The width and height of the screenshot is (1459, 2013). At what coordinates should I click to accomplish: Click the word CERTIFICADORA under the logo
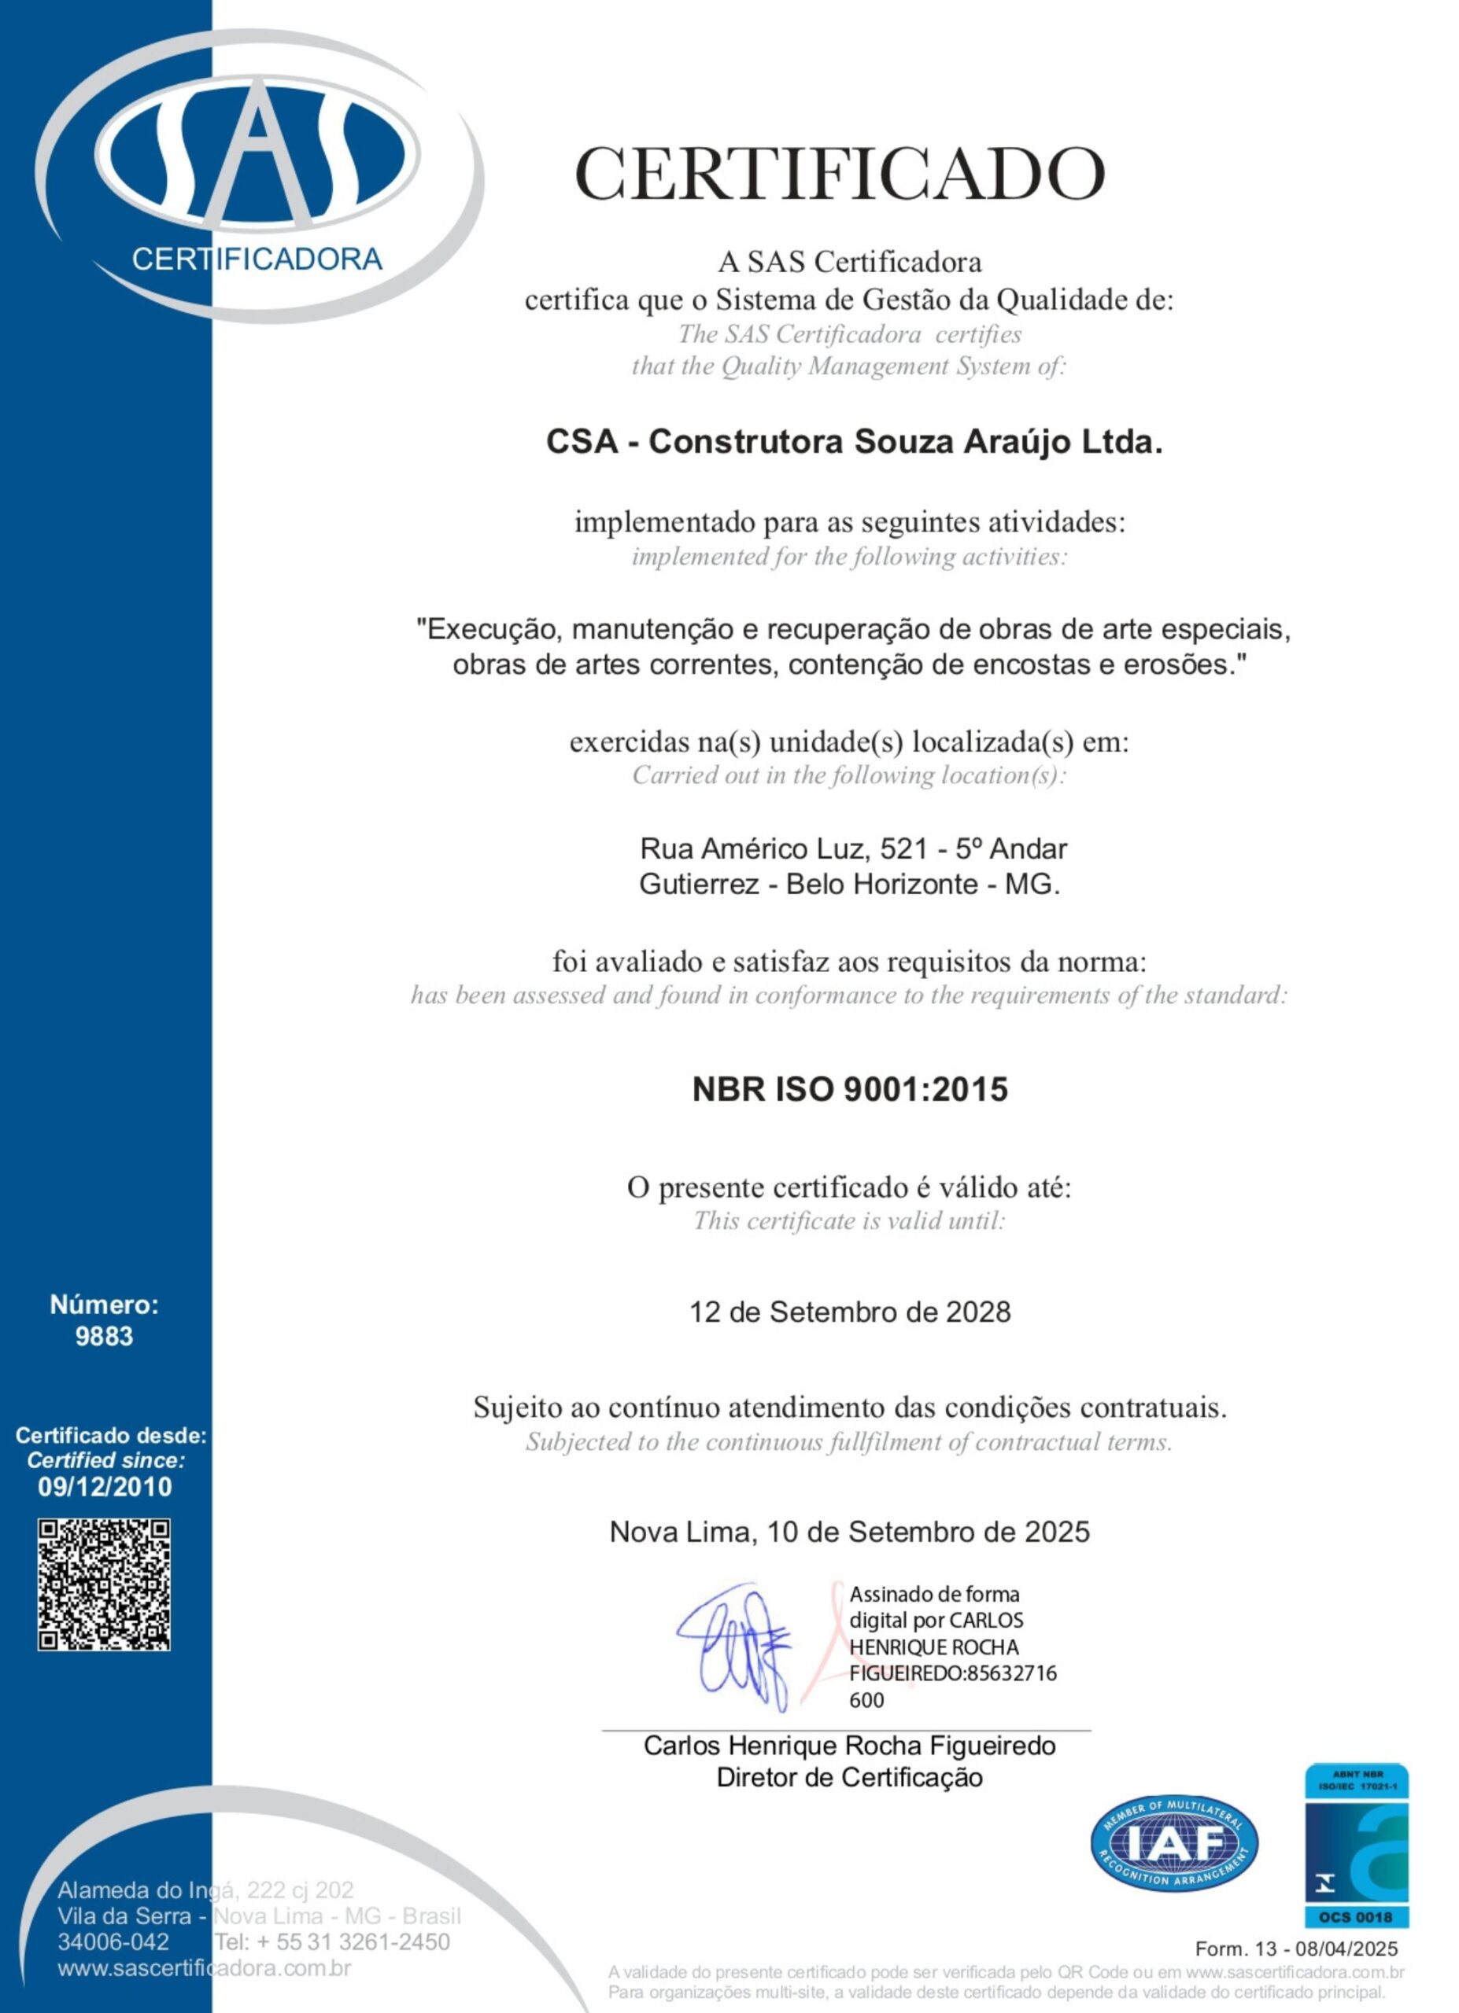click(x=257, y=259)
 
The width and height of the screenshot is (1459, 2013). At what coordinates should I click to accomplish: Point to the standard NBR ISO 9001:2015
click(x=849, y=1089)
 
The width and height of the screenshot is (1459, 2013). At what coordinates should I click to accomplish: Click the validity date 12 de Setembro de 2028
click(x=849, y=1312)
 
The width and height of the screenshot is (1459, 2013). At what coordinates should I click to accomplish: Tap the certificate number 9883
click(x=104, y=1336)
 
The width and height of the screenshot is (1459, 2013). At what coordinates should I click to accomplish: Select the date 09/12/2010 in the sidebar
click(x=105, y=1487)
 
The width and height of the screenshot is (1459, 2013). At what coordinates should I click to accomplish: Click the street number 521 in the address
click(x=904, y=849)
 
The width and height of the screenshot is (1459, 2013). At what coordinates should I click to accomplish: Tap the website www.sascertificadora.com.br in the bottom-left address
click(x=205, y=1967)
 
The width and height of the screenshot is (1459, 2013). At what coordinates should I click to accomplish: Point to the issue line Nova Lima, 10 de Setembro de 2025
click(x=849, y=1532)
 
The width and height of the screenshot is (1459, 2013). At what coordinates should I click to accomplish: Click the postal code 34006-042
click(x=113, y=1941)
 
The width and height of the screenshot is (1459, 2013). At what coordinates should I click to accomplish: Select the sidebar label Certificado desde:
click(x=111, y=1435)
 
